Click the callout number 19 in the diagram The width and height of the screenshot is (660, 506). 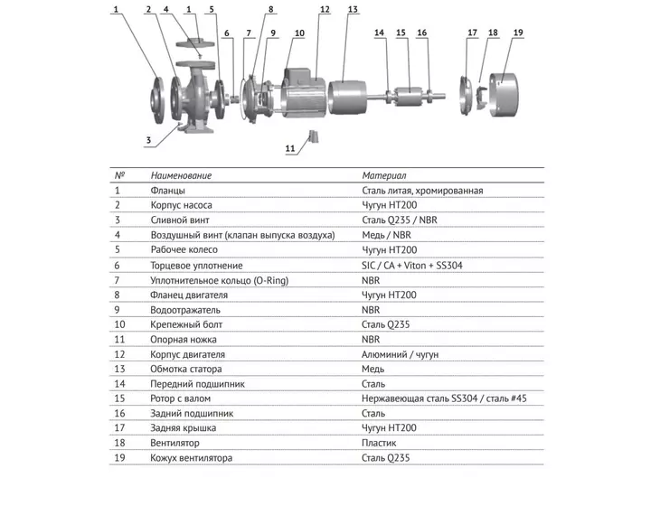pyautogui.click(x=518, y=33)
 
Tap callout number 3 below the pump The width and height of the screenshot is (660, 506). pyautogui.click(x=148, y=140)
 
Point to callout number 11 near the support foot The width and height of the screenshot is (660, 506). pyautogui.click(x=290, y=148)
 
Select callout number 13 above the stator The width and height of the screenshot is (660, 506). pyautogui.click(x=353, y=9)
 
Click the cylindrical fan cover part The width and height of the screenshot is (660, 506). pyautogui.click(x=504, y=95)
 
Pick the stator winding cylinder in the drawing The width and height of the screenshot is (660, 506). pyautogui.click(x=347, y=98)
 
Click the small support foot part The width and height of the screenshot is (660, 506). pyautogui.click(x=314, y=136)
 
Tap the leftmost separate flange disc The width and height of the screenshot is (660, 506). pyautogui.click(x=158, y=100)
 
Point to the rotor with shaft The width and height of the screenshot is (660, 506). pyautogui.click(x=410, y=97)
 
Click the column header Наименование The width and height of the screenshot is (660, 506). pyautogui.click(x=181, y=175)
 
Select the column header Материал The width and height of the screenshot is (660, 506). pyautogui.click(x=384, y=175)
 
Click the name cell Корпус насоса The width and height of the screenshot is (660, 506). pyautogui.click(x=181, y=205)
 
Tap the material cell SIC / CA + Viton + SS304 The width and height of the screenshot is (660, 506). pyautogui.click(x=412, y=266)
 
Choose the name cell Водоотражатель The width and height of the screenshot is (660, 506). pyautogui.click(x=185, y=310)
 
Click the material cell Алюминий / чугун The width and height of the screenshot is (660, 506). pyautogui.click(x=400, y=354)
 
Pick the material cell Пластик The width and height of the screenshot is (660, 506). pyautogui.click(x=379, y=443)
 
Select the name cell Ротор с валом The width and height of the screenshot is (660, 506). pyautogui.click(x=180, y=398)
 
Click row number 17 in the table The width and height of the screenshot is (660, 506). pyautogui.click(x=119, y=427)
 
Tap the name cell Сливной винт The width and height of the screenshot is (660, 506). pyautogui.click(x=180, y=220)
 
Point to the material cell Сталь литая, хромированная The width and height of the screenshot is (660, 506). pyautogui.click(x=422, y=191)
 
